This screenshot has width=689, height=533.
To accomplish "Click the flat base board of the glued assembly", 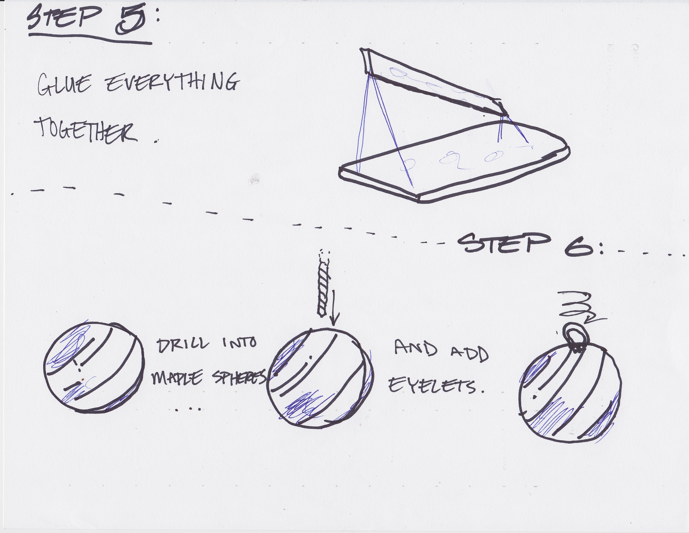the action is point(454,161).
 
